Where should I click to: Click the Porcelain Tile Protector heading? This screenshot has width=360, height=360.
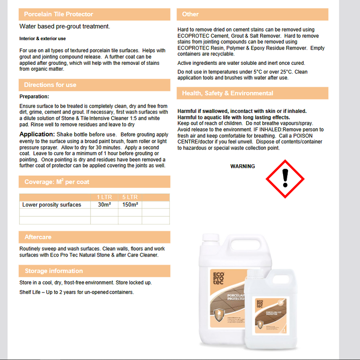[58, 14]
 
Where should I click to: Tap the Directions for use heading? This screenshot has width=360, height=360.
[50, 85]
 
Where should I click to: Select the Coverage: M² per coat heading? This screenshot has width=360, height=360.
[57, 182]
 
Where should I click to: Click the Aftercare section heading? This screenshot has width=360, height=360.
[38, 237]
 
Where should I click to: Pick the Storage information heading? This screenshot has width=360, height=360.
[54, 271]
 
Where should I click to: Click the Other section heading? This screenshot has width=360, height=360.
[190, 14]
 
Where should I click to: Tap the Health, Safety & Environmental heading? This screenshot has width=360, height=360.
[227, 94]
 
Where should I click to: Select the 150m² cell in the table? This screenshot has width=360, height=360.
[130, 205]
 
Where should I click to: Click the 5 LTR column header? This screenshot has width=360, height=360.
[130, 197]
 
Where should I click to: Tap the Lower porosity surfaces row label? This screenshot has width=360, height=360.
[52, 205]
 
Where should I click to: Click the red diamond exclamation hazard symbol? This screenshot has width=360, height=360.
[284, 178]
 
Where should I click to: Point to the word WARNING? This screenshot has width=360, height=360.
[243, 166]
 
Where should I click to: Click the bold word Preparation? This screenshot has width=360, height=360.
[34, 97]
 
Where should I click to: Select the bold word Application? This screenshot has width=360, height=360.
[37, 135]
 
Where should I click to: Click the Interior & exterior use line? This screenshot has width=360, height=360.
[43, 39]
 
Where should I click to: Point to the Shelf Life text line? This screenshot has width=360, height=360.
[76, 292]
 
